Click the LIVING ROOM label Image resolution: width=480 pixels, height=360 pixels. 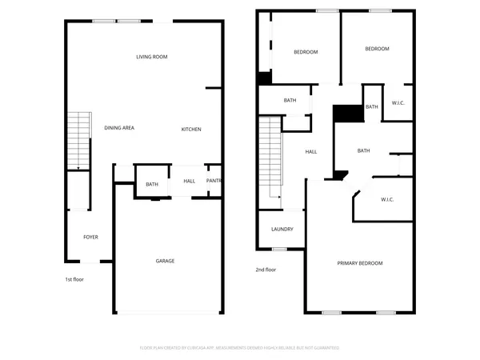click(151, 57)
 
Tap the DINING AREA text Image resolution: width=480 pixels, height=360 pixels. click(118, 129)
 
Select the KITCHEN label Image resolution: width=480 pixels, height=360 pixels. click(190, 130)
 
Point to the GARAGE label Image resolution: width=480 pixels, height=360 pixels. click(165, 261)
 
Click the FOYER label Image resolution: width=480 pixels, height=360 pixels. click(91, 237)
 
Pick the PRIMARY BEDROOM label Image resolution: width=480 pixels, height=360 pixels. click(359, 263)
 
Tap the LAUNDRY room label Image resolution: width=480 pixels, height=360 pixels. click(282, 230)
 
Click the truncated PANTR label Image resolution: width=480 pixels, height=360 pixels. click(214, 181)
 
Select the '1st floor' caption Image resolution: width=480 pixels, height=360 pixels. click(74, 279)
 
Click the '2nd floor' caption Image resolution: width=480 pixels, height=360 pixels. click(266, 270)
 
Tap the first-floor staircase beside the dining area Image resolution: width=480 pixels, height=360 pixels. click(78, 140)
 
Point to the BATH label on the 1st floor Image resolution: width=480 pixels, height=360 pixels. click(151, 185)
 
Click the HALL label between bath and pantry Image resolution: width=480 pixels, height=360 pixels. click(189, 181)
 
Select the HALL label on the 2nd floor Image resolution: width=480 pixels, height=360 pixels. click(311, 151)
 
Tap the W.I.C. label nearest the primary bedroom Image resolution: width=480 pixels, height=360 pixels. click(386, 199)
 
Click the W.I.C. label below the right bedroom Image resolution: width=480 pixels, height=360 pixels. click(398, 102)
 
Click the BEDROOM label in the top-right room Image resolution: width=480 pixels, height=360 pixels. click(377, 49)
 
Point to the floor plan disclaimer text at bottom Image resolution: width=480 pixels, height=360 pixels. click(240, 348)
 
